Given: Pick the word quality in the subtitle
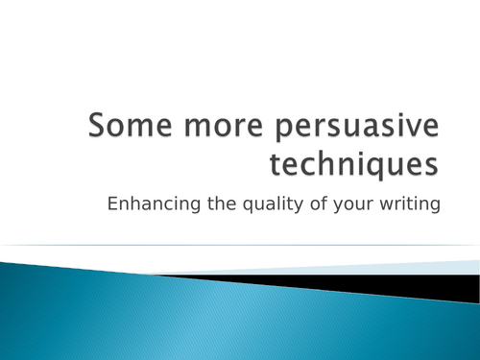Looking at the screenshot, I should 280,204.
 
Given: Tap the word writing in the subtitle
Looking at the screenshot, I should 407,204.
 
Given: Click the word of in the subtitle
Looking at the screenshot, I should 322,203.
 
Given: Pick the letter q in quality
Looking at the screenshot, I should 258,204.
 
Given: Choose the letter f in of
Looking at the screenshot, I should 326,203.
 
